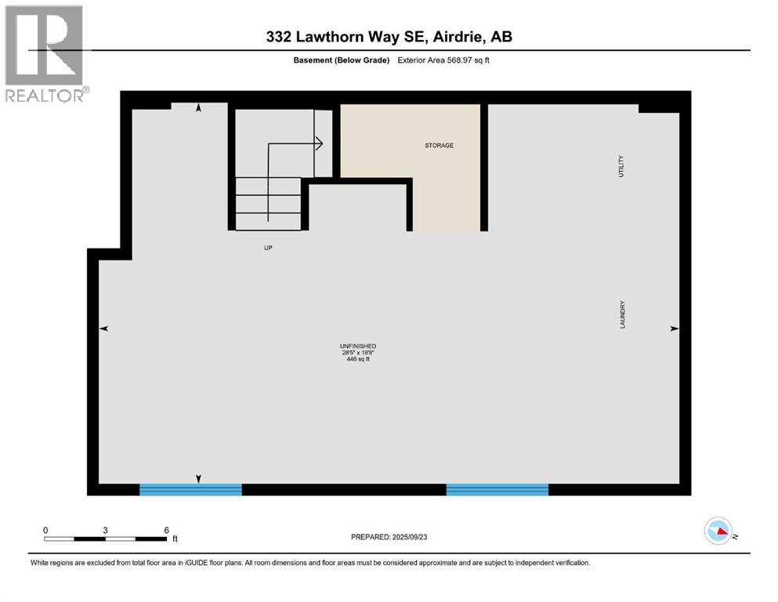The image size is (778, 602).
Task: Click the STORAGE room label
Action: point(439,145)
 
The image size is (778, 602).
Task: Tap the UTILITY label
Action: point(621,165)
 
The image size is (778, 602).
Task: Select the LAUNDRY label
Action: point(622,314)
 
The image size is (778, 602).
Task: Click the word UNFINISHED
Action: point(358,346)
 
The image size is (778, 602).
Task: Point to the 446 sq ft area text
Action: point(358,360)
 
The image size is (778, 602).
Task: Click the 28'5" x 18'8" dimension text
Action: point(358,353)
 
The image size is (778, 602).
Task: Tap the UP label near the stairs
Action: point(268,248)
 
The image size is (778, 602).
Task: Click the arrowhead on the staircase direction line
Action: point(320,143)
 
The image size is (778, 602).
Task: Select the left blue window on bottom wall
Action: point(190,490)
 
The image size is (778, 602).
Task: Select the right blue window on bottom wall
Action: point(497,490)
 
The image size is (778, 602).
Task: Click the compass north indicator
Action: point(718,531)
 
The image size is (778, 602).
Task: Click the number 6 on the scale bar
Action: point(166,530)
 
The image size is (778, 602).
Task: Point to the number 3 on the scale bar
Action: point(105,530)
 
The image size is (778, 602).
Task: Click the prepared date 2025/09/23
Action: point(389,537)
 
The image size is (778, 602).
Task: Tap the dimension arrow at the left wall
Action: point(103,329)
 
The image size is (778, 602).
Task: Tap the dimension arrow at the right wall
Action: point(674,329)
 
